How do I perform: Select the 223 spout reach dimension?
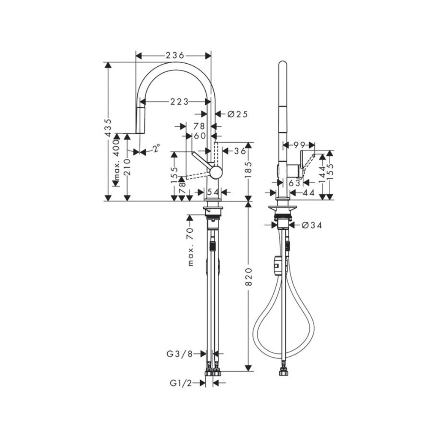click(180, 102)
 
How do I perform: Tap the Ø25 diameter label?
click(237, 114)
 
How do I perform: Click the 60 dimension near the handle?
click(199, 136)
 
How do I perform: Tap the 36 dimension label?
click(240, 151)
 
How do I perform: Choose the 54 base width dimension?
click(213, 192)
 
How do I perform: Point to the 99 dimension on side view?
click(299, 145)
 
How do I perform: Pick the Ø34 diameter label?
click(311, 225)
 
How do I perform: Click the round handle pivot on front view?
click(216, 172)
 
